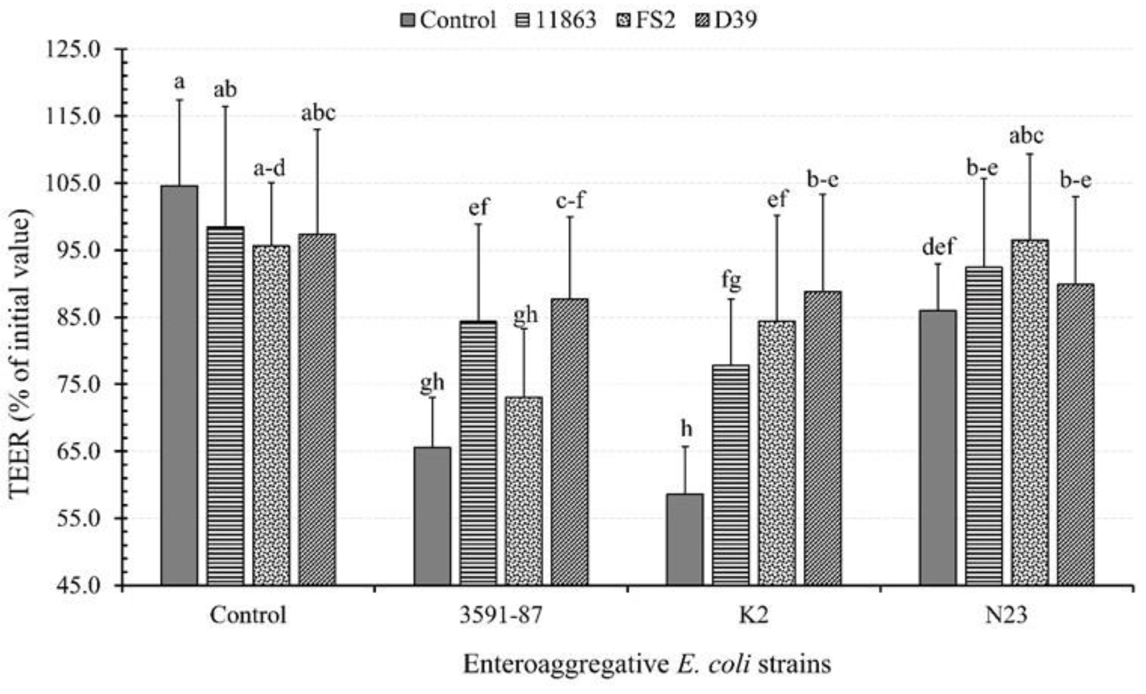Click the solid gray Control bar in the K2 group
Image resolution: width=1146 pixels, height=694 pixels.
(685, 539)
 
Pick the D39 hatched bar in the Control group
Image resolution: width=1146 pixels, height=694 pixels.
(317, 409)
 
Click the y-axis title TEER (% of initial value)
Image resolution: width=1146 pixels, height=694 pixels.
(21, 353)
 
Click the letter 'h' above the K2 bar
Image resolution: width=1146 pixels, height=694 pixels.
(686, 428)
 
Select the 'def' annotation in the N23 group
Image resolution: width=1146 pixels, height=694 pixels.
(938, 246)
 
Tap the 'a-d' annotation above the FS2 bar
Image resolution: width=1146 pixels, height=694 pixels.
(269, 168)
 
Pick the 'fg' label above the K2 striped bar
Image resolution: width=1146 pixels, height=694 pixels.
(731, 280)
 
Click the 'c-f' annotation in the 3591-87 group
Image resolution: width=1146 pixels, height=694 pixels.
(570, 201)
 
